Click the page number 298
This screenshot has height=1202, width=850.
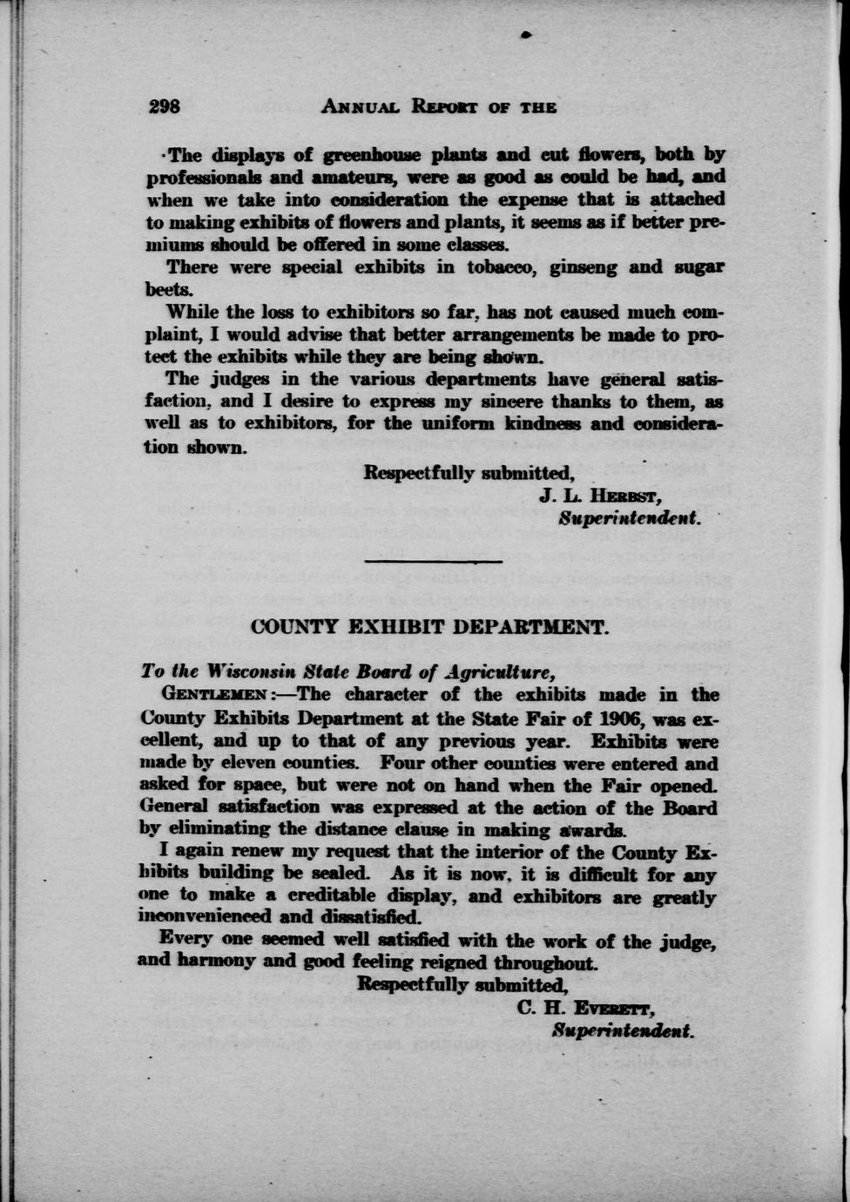click(164, 106)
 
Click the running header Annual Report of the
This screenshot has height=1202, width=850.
click(439, 107)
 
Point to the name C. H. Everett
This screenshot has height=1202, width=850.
click(586, 1009)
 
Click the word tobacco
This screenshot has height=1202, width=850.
click(500, 267)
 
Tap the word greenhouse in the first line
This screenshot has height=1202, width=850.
click(372, 155)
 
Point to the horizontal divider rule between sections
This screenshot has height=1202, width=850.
click(433, 560)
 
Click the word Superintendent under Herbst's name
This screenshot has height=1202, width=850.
click(630, 518)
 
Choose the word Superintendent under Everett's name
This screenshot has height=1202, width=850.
click(623, 1030)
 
